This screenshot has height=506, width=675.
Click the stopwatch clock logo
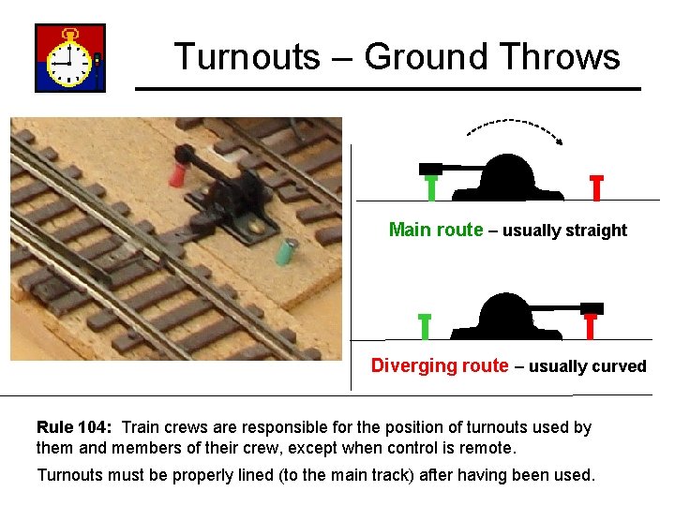[70, 58]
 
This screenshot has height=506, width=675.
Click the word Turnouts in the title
[247, 57]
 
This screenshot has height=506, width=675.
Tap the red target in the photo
[177, 172]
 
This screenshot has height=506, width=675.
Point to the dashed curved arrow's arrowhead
[560, 141]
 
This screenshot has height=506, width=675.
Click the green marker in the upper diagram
[430, 186]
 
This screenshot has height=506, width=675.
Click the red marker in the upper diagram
[596, 187]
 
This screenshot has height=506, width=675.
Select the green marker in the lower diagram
[425, 325]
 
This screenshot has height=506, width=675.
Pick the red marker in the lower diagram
[591, 324]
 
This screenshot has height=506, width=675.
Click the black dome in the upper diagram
[506, 178]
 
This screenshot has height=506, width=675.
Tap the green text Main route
[436, 230]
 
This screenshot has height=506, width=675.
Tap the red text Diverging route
[440, 365]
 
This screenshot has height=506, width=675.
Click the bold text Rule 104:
[74, 427]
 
